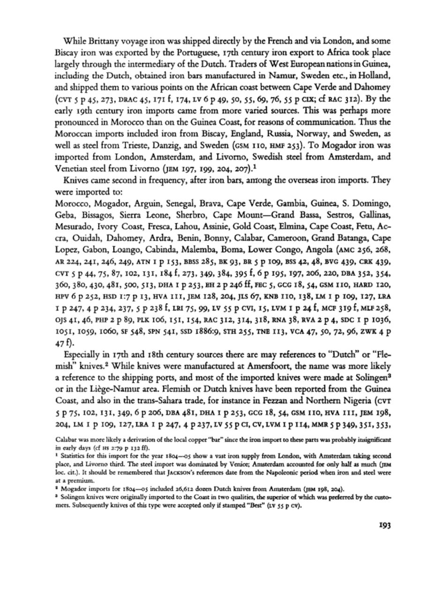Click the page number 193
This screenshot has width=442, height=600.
pos(384,525)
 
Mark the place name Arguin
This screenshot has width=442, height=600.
pos(149,203)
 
